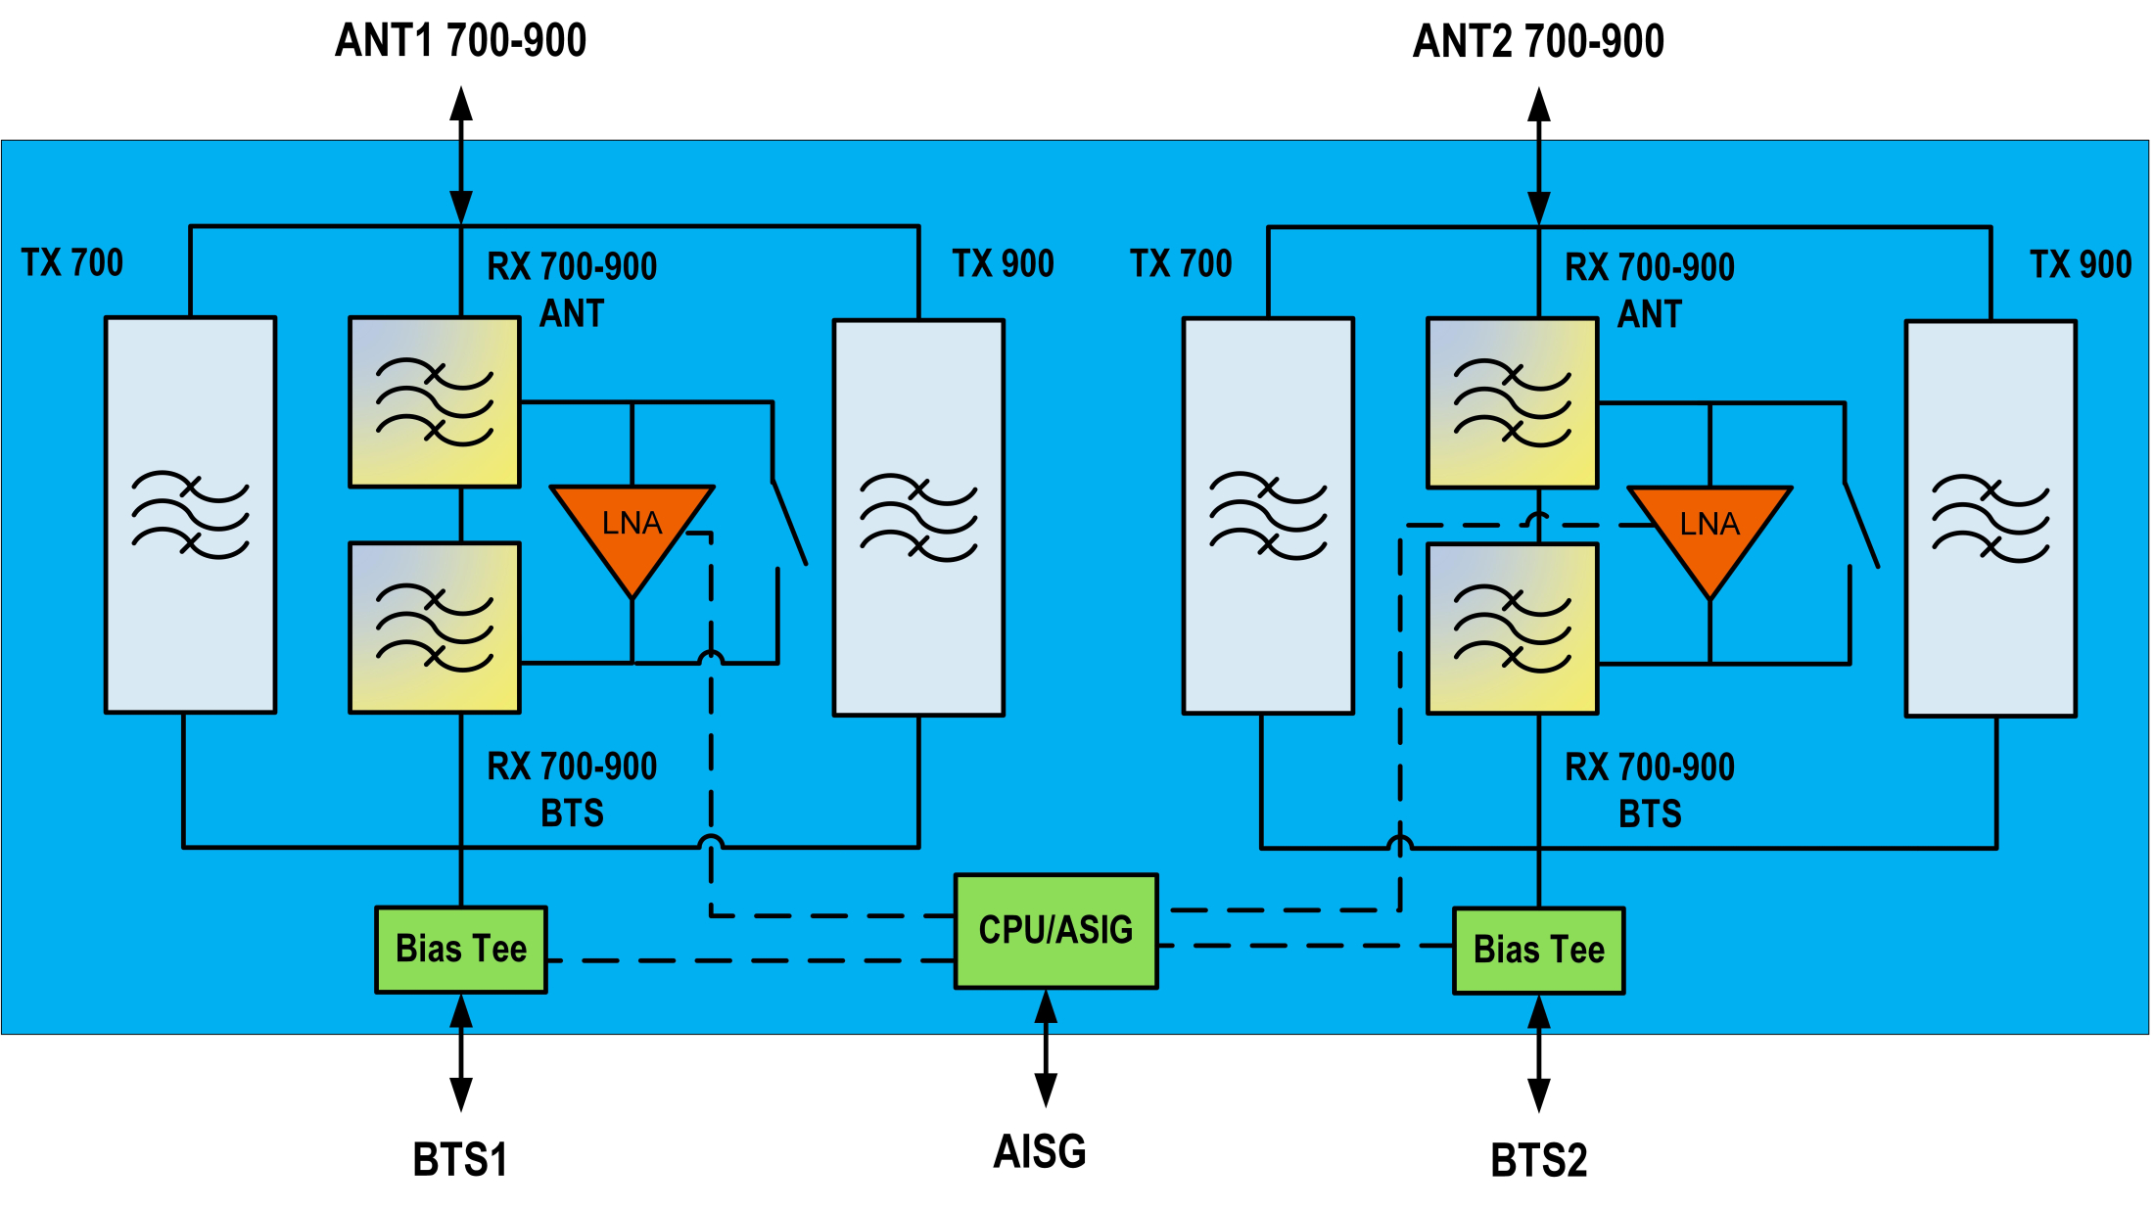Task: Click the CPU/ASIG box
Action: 1055,931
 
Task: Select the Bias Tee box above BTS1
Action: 461,950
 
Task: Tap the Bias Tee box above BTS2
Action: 1538,951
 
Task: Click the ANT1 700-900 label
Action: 460,41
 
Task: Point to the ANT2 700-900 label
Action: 1538,42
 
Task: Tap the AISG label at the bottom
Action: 1040,1151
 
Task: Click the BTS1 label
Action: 460,1160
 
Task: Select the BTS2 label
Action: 1538,1161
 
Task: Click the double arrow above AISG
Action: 1046,1048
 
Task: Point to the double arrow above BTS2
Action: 1539,1053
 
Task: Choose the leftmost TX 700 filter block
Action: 191,515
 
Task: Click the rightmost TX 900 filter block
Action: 1990,518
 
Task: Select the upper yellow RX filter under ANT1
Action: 435,402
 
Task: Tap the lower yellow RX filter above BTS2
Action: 1513,629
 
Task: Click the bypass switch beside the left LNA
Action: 789,523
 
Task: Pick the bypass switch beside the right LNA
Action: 1861,524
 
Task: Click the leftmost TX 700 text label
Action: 72,263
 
